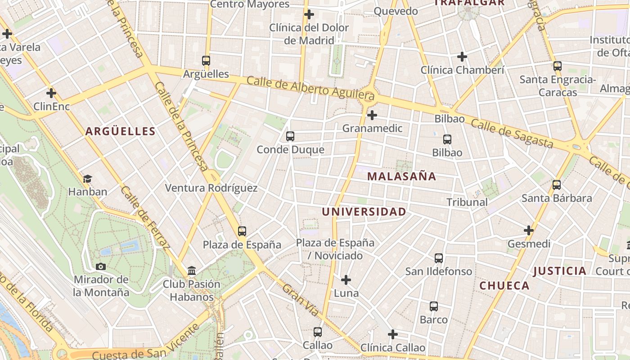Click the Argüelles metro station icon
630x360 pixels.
[x=206, y=60]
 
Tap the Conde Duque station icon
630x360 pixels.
[x=290, y=136]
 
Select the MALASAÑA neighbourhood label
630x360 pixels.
[x=402, y=176]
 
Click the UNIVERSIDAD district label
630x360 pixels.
[x=364, y=212]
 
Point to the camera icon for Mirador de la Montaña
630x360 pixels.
[x=101, y=266]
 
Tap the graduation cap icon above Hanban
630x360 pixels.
[x=87, y=179]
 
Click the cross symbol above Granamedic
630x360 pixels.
[x=372, y=115]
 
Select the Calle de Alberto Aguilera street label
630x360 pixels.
[x=310, y=88]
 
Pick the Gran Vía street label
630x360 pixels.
[x=301, y=300]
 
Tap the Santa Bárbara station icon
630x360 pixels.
[x=557, y=185]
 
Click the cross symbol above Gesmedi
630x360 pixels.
[x=529, y=231]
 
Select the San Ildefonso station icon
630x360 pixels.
[x=439, y=258]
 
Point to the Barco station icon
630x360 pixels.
[x=434, y=306]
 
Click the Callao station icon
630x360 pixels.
[x=318, y=332]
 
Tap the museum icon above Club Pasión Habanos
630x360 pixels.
[x=192, y=271]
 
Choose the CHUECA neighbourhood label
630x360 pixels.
[x=504, y=286]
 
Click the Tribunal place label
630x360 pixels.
[x=467, y=202]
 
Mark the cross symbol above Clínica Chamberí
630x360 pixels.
[x=462, y=57]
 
